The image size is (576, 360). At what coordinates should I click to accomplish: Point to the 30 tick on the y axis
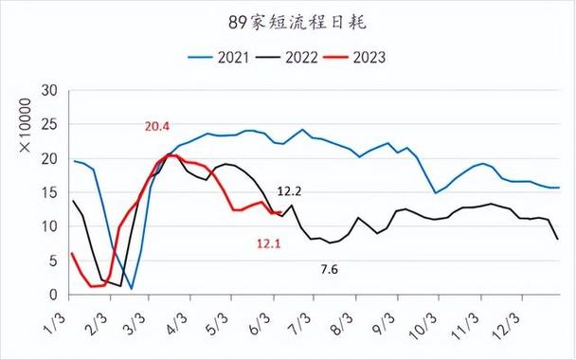point(52,91)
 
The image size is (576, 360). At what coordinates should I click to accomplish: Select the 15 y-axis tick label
point(52,193)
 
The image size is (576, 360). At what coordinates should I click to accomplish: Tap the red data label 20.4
point(158,126)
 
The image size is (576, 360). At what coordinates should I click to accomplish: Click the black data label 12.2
point(290,191)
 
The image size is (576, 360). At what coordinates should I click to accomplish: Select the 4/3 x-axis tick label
point(177,316)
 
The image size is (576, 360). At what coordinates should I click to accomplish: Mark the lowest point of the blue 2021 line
point(132,288)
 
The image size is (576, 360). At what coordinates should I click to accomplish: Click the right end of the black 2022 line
point(558,239)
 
